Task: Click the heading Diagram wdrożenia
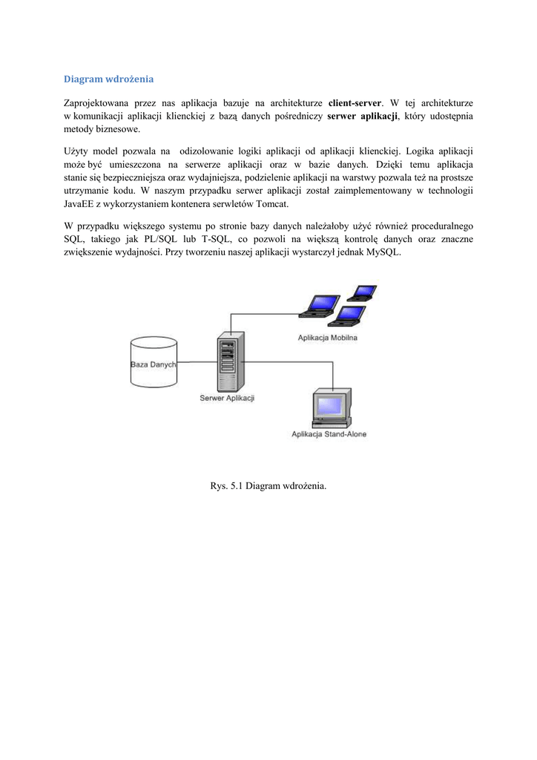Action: (108, 78)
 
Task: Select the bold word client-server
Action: (355, 102)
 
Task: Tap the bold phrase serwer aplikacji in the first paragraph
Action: (363, 116)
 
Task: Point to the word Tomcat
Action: (271, 204)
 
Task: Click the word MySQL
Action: (383, 252)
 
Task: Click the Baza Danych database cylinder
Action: (154, 362)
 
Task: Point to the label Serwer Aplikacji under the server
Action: (227, 399)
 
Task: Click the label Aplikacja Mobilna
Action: (327, 338)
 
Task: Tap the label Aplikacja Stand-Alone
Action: (329, 434)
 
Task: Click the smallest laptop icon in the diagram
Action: (364, 292)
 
